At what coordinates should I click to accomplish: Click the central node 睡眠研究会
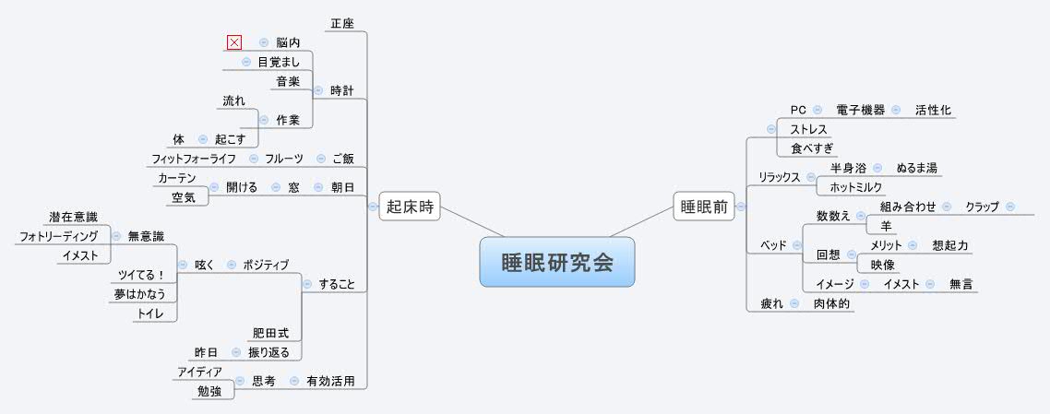tap(557, 262)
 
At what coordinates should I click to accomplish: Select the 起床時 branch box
tap(410, 208)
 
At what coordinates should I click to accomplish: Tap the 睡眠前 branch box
tap(703, 207)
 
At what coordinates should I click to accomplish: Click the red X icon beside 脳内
tap(233, 42)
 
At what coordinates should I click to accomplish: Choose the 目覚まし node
tap(279, 63)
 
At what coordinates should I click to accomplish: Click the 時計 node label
tap(342, 90)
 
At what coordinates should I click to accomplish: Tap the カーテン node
tap(177, 178)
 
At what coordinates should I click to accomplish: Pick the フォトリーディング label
tap(58, 236)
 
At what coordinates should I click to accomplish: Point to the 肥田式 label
tap(270, 333)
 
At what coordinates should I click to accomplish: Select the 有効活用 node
tap(330, 380)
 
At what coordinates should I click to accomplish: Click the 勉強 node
tap(209, 392)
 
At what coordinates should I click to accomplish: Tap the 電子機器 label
tap(860, 110)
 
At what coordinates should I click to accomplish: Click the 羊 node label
tap(885, 226)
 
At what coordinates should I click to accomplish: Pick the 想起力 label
tap(949, 245)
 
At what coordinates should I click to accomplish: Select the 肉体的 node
tap(832, 303)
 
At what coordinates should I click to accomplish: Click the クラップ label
tap(982, 207)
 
